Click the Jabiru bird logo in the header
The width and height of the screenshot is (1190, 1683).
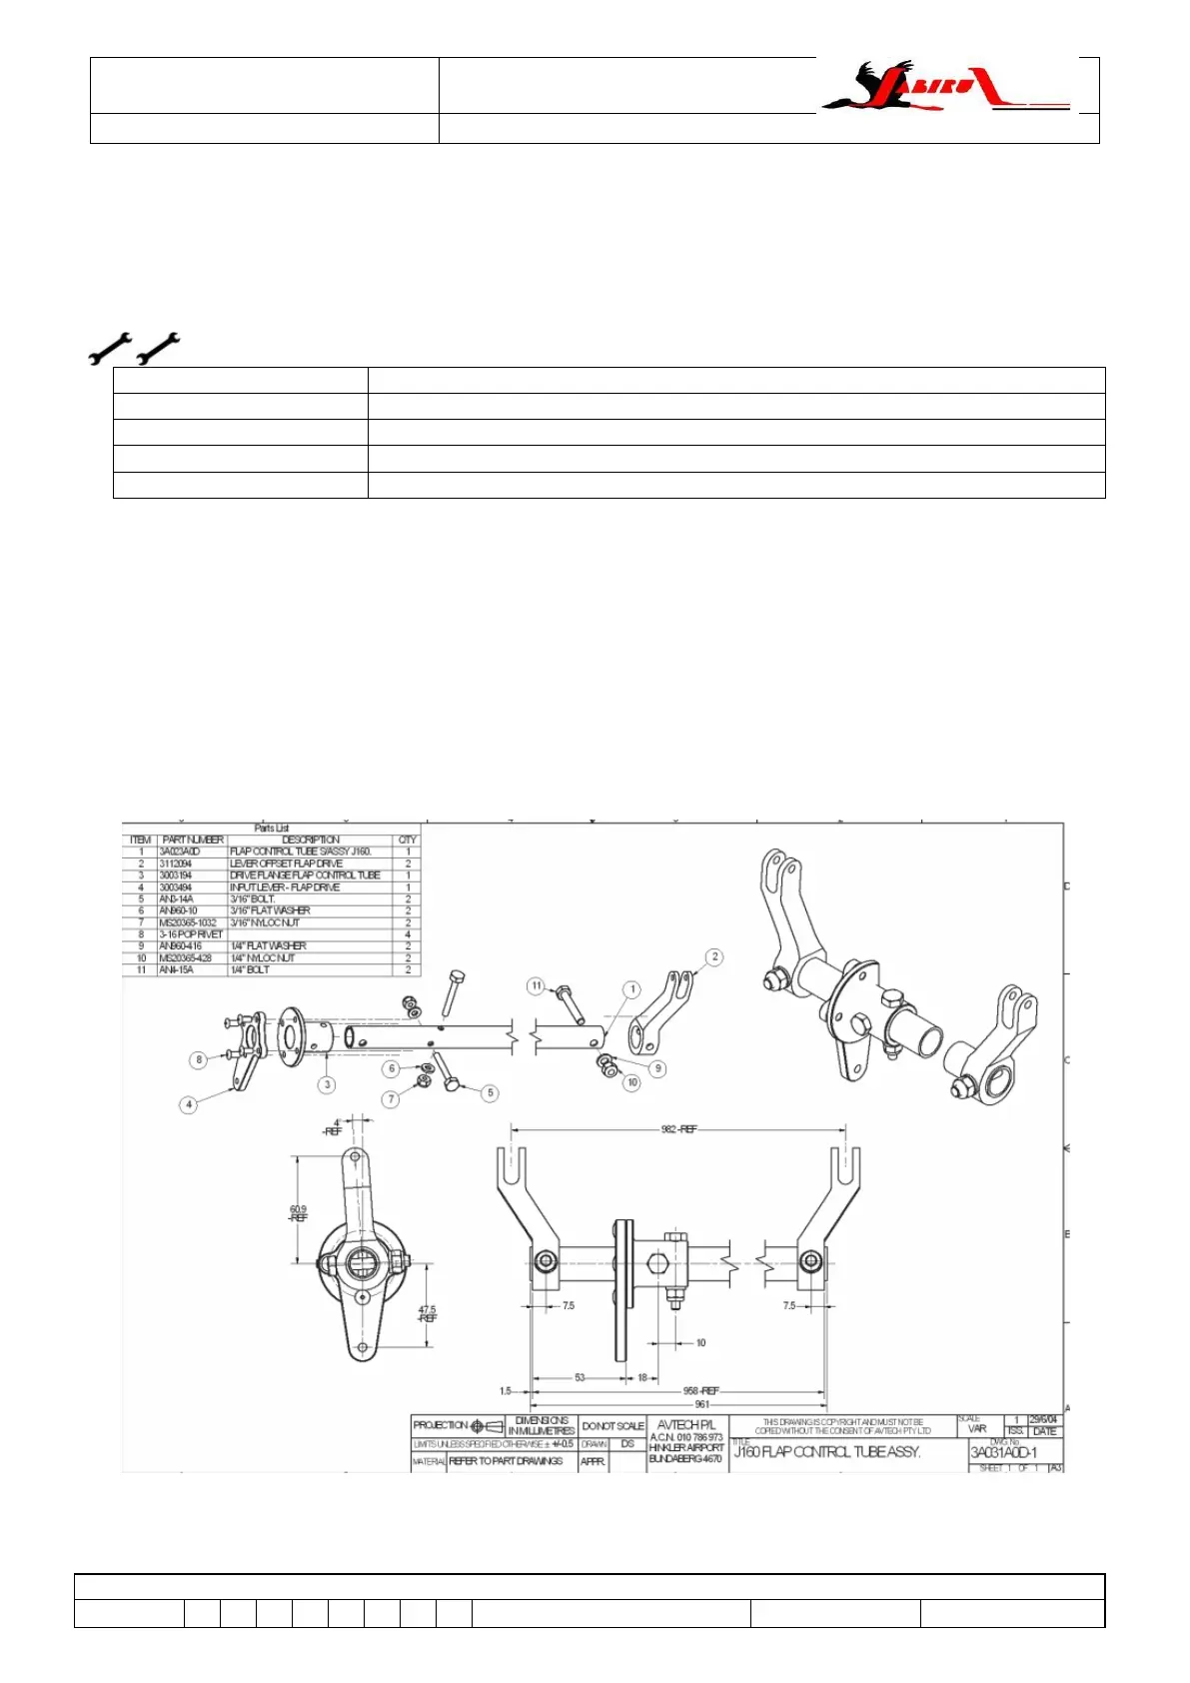tap(944, 86)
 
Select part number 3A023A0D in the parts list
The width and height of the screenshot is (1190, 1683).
tap(180, 851)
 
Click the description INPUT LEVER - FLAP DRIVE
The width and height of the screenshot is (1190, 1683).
tap(285, 887)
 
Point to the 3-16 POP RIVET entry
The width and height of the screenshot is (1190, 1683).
tap(191, 934)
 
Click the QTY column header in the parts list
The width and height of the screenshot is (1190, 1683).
tap(408, 840)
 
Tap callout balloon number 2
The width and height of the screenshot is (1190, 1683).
tap(714, 957)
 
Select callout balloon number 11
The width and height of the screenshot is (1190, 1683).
tap(537, 986)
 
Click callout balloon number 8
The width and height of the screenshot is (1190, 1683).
tap(199, 1059)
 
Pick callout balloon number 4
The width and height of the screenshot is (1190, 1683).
tap(189, 1104)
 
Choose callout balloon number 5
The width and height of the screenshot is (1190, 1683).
tap(490, 1093)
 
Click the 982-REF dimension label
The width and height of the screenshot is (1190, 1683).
tap(679, 1129)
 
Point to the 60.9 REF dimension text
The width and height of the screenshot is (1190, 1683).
tap(298, 1214)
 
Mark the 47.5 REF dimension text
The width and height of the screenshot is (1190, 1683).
tap(427, 1313)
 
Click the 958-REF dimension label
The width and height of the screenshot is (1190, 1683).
tap(700, 1390)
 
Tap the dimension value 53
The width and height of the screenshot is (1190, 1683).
tap(580, 1378)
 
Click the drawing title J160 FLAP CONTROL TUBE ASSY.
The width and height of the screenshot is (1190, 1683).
tap(827, 1452)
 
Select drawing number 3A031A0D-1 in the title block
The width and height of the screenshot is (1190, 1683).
tap(1003, 1453)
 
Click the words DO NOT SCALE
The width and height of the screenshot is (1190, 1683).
tap(612, 1426)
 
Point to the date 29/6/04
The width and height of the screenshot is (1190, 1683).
tap(1043, 1420)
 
